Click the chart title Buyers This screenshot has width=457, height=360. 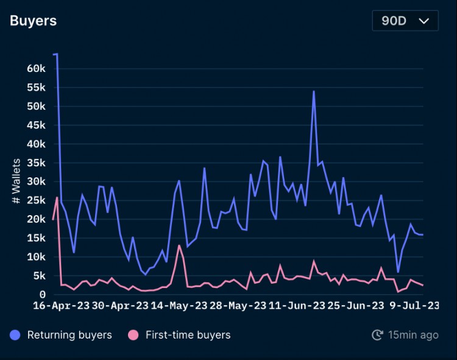point(33,20)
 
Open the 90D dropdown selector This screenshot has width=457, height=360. point(405,20)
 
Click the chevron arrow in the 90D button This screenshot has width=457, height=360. point(424,20)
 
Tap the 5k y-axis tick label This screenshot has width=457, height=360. point(39,276)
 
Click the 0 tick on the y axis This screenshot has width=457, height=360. point(43,295)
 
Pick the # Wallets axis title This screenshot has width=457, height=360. point(16,181)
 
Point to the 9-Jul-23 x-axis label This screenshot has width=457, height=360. point(414,306)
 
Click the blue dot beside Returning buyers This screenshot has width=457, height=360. point(16,334)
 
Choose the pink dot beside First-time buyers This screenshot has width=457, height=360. point(133,334)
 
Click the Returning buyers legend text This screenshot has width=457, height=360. point(69,334)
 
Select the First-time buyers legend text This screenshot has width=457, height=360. point(188,334)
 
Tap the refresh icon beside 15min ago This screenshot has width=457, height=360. point(377,334)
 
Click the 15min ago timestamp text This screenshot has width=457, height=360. point(413,334)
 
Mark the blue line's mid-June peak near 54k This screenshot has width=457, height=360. point(314,91)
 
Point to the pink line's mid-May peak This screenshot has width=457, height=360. point(179,245)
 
